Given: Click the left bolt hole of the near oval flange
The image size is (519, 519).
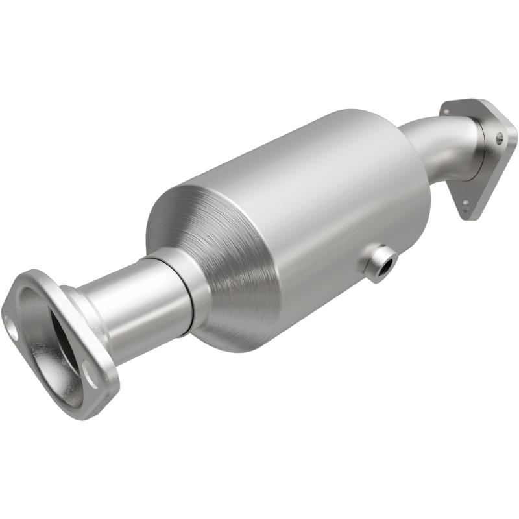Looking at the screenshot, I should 12,325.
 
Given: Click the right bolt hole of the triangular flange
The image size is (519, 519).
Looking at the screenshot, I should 499,138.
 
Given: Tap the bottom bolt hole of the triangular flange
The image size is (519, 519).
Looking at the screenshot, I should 465,204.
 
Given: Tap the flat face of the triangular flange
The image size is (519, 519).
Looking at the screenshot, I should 490,169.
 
